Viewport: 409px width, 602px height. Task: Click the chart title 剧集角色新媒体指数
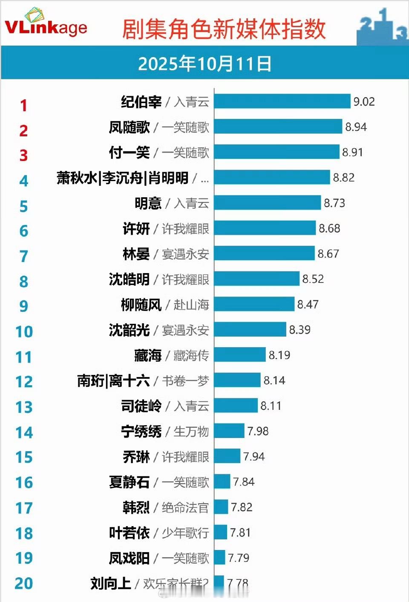(224, 29)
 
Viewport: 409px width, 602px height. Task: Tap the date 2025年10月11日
(204, 64)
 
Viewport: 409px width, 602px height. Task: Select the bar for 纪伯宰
(282, 101)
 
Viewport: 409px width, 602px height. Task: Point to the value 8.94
(356, 127)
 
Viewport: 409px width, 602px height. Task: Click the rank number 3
(23, 156)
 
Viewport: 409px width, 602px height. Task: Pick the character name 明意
(148, 203)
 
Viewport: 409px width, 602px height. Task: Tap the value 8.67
(328, 254)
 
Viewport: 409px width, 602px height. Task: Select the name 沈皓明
(129, 279)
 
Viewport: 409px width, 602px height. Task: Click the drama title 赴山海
(191, 305)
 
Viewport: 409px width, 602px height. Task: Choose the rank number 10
(24, 332)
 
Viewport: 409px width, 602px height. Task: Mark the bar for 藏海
(240, 355)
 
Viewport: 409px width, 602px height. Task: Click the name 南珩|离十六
(113, 380)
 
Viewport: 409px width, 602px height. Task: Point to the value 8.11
(271, 406)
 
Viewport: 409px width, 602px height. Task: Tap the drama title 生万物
(191, 432)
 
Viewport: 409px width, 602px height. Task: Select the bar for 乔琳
(227, 456)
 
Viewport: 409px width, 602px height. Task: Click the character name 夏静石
(129, 482)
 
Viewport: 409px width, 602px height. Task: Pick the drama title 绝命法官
(185, 507)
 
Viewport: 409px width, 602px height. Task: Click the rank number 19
(24, 558)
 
